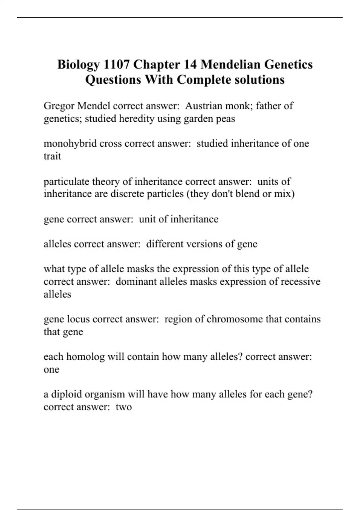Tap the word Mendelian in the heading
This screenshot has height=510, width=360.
click(x=230, y=64)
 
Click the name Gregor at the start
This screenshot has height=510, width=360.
click(x=59, y=106)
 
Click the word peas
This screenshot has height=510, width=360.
click(x=225, y=119)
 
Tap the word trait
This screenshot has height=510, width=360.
click(x=52, y=156)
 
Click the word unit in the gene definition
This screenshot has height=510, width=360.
click(x=148, y=219)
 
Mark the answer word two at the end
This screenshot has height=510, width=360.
click(x=124, y=407)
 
